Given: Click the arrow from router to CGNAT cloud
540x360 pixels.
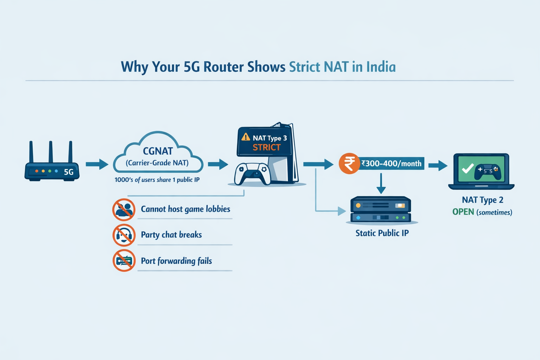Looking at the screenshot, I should click(x=97, y=164).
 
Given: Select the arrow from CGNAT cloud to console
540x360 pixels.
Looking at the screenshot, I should click(x=218, y=164).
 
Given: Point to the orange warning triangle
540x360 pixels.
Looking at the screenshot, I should click(x=245, y=137).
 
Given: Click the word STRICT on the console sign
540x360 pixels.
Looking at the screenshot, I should click(x=266, y=148).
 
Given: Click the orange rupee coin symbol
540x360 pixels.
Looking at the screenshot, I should click(x=349, y=164).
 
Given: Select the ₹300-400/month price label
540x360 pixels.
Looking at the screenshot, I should click(x=391, y=163).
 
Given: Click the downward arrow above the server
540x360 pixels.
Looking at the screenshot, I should click(x=381, y=184).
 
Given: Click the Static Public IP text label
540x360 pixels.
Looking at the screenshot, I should click(x=382, y=233).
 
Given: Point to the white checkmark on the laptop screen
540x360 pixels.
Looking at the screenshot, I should click(x=468, y=169).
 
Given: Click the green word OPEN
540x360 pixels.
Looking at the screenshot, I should click(x=463, y=212).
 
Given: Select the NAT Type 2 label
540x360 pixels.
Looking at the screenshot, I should click(x=482, y=200).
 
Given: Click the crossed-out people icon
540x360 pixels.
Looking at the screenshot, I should click(x=124, y=210).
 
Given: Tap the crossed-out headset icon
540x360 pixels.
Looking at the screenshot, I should click(x=124, y=235).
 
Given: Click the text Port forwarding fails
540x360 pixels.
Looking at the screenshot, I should click(x=176, y=261).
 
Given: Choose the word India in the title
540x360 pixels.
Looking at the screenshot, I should click(x=381, y=67).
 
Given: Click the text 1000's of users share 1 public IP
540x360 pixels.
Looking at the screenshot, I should click(x=157, y=180).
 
